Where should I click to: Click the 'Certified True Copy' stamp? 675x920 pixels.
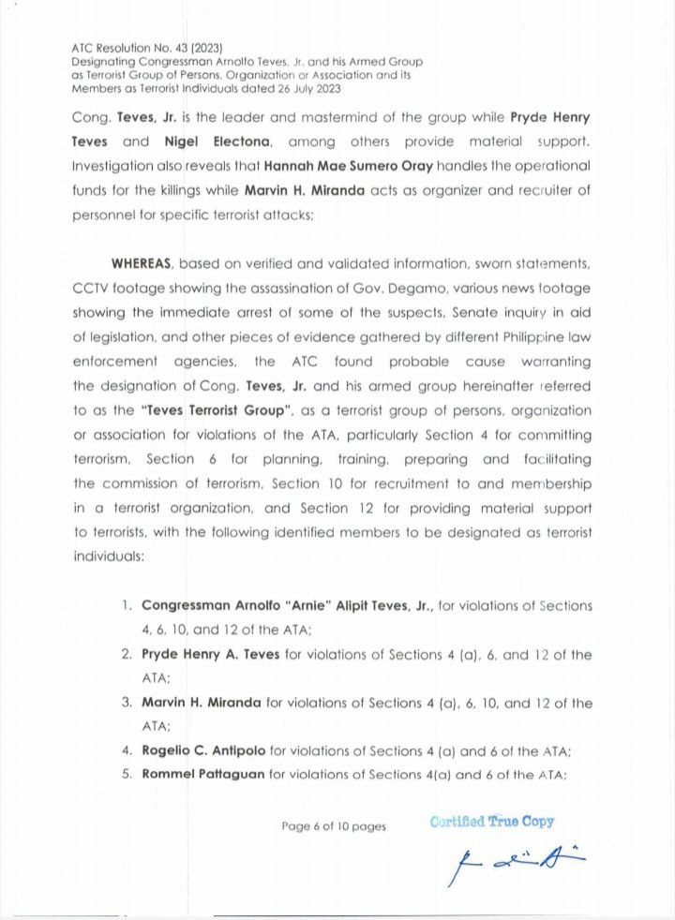(491, 822)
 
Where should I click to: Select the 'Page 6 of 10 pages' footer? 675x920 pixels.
(334, 825)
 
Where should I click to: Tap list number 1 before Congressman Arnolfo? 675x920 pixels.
(126, 605)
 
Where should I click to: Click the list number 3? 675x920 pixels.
(126, 702)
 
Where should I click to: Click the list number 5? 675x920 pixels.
(126, 774)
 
